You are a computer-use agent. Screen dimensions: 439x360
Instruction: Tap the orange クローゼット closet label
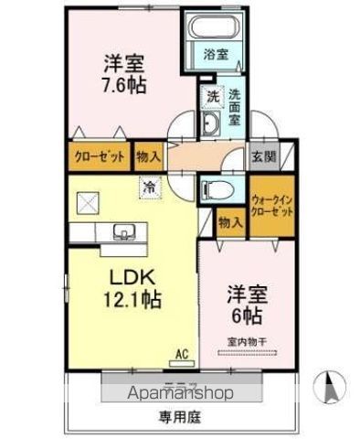(99, 155)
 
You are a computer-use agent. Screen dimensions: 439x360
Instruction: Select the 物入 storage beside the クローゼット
(149, 155)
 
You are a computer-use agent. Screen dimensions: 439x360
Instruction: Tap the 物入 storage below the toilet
(230, 221)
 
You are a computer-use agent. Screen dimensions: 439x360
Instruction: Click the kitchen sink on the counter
(122, 232)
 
